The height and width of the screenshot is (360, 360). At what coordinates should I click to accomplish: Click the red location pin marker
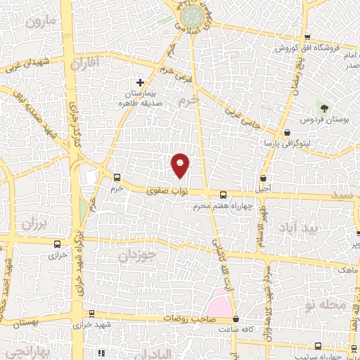click(x=181, y=165)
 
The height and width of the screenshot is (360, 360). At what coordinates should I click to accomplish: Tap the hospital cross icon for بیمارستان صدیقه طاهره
click(x=141, y=83)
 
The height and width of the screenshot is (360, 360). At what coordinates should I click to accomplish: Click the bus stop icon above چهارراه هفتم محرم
click(x=223, y=195)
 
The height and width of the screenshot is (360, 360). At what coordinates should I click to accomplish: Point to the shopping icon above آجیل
click(x=263, y=179)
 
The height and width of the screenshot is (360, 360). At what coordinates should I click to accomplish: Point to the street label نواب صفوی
click(x=163, y=190)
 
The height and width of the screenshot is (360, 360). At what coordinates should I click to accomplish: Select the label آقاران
click(x=86, y=64)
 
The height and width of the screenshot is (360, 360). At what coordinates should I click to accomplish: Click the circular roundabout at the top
click(x=190, y=15)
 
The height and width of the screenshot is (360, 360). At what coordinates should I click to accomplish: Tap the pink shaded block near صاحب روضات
click(x=218, y=308)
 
